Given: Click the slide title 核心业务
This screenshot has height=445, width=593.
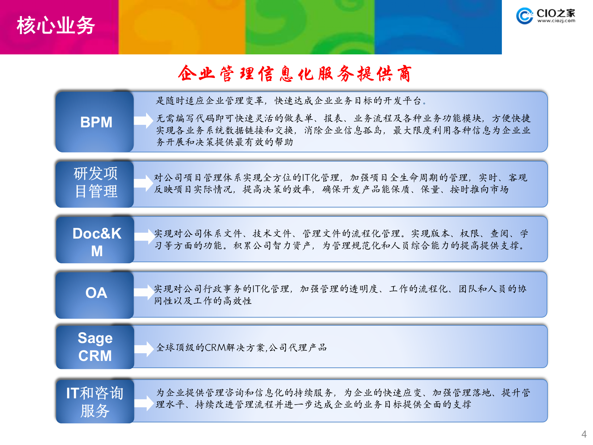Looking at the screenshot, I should pyautogui.click(x=56, y=26).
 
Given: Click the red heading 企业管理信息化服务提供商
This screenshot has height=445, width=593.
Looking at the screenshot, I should pyautogui.click(x=295, y=74).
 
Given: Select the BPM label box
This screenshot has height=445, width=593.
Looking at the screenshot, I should pyautogui.click(x=96, y=122).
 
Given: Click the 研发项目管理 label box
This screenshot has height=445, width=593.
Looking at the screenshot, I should pyautogui.click(x=96, y=183).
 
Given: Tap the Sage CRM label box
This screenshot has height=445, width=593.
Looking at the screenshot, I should pyautogui.click(x=95, y=347).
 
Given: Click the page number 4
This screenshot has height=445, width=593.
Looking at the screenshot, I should pyautogui.click(x=584, y=434).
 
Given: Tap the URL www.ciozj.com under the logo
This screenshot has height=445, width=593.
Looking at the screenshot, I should pyautogui.click(x=556, y=21).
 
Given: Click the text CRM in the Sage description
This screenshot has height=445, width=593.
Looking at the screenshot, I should pyautogui.click(x=215, y=348).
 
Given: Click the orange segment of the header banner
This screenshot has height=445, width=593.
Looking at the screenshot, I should pyautogui.click(x=182, y=27).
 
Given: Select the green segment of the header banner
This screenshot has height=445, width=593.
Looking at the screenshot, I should pyautogui.click(x=309, y=27).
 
